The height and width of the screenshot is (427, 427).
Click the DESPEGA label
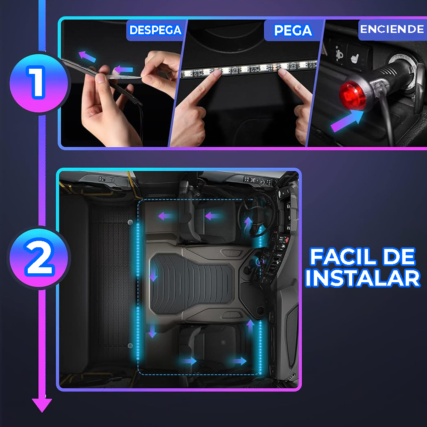tap(155, 30)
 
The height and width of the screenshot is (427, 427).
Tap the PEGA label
tap(292, 31)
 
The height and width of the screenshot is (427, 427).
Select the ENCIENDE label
tap(392, 29)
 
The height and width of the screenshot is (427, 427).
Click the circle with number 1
tap(37, 82)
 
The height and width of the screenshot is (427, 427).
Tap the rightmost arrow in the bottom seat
tap(240, 361)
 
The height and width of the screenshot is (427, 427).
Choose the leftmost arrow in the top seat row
tap(166, 216)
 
